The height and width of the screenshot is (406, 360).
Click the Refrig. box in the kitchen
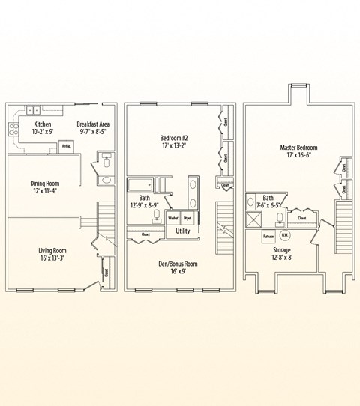(66, 145)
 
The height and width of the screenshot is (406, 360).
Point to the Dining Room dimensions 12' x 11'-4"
(44, 191)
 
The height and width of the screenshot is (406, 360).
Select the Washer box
(173, 218)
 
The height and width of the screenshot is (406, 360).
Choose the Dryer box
(187, 218)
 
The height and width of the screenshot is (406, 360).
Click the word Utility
(182, 231)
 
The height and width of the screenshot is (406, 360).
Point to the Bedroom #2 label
(175, 138)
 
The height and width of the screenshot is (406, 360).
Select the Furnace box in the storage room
(268, 237)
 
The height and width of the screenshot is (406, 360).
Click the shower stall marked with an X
(253, 219)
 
